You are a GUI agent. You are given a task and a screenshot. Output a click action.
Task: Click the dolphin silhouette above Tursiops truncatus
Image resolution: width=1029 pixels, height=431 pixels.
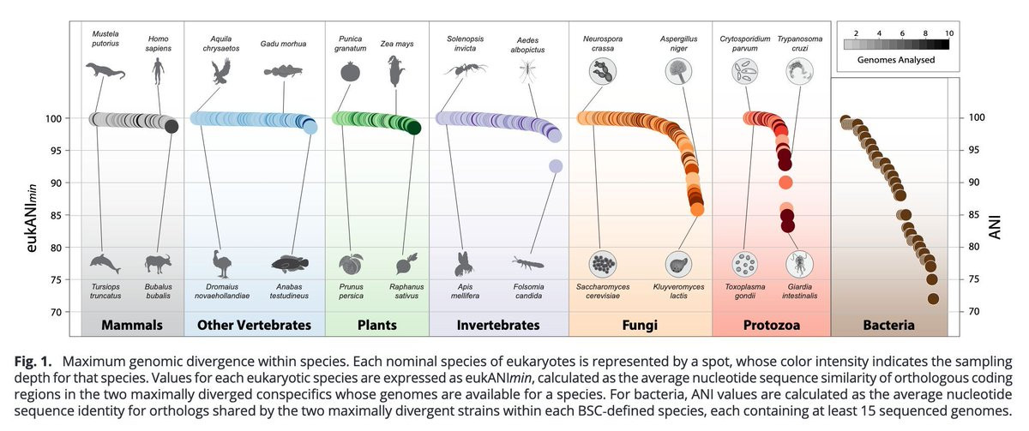[105, 263]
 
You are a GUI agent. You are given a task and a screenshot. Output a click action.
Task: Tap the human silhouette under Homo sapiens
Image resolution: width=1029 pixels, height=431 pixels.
[158, 71]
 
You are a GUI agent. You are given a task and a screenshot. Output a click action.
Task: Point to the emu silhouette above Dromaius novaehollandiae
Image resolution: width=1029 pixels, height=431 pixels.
[222, 264]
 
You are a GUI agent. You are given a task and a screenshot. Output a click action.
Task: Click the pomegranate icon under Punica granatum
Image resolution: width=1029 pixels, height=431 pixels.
[351, 72]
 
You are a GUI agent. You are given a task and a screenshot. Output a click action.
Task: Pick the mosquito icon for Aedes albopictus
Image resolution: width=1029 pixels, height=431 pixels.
[528, 72]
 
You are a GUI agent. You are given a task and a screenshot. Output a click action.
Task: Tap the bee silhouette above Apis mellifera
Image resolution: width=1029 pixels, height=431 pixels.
[465, 264]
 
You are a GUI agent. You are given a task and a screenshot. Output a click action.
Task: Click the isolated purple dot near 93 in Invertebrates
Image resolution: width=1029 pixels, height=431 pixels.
[556, 166]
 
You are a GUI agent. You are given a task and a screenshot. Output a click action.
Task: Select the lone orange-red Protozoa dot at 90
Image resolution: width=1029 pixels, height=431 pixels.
[785, 183]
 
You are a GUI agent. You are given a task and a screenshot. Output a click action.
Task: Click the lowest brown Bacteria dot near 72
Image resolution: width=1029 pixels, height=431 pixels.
[933, 299]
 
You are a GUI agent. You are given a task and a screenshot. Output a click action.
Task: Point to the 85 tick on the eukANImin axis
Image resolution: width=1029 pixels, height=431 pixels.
[56, 215]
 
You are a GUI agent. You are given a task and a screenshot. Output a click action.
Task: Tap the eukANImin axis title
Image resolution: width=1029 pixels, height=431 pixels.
[31, 218]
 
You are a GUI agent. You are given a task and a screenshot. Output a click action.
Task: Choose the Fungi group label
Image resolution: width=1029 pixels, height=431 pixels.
[640, 325]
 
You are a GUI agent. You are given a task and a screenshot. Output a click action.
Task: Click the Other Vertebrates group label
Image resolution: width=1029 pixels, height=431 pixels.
[254, 325]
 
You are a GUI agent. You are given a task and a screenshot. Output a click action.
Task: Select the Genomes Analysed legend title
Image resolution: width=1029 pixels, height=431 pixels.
[896, 60]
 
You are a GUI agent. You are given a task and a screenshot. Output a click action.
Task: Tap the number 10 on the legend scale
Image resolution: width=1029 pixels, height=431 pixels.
[949, 33]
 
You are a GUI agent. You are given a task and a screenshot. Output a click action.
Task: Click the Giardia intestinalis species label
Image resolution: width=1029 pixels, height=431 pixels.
[800, 291]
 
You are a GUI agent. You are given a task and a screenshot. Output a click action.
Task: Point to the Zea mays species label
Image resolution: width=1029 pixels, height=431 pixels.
[397, 44]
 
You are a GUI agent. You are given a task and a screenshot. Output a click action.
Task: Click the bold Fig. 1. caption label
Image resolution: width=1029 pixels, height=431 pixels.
[33, 362]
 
